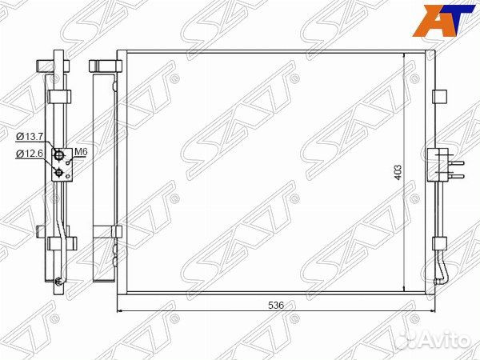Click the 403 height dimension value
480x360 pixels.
click(398, 173)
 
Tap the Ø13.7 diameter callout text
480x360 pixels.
click(30, 137)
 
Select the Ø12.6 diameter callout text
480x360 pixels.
click(30, 154)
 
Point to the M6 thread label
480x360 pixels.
click(81, 151)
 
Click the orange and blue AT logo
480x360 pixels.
click(442, 21)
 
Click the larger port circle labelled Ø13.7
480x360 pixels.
click(58, 155)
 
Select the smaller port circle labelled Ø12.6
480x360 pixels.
click(58, 174)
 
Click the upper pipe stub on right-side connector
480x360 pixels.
click(457, 163)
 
